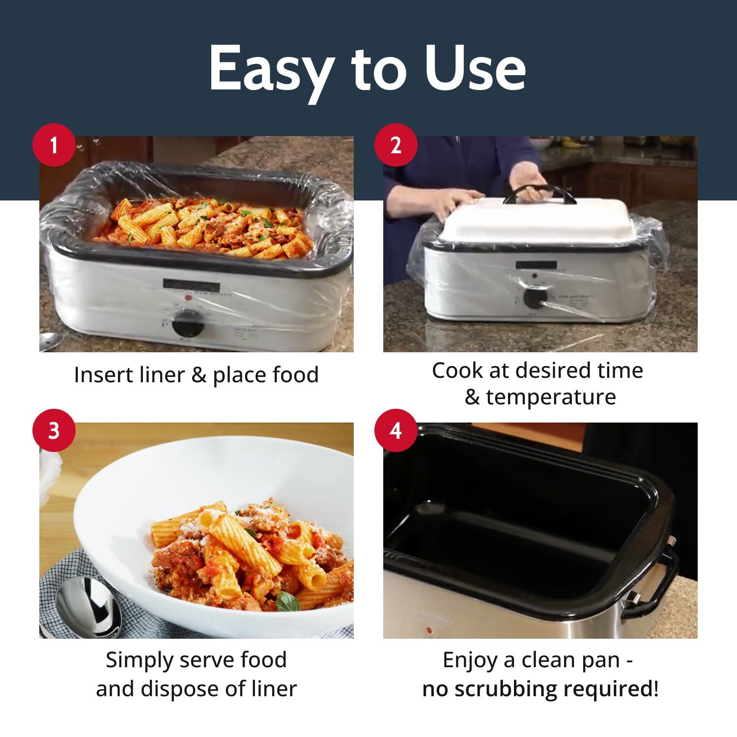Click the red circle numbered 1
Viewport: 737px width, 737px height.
click(x=54, y=145)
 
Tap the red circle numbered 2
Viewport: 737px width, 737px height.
click(x=396, y=145)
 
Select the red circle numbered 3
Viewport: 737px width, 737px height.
click(x=54, y=431)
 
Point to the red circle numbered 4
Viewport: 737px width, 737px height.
click(x=396, y=431)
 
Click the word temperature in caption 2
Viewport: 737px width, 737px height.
click(x=550, y=397)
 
